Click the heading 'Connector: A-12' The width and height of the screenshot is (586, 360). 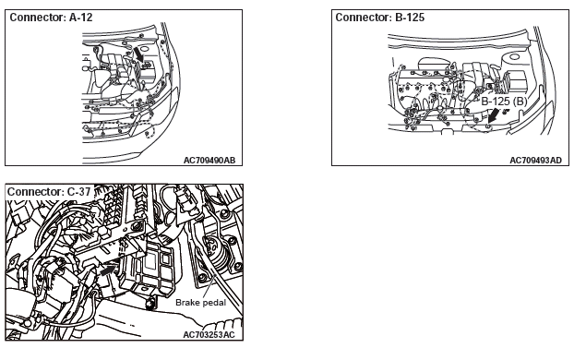[x=51, y=18]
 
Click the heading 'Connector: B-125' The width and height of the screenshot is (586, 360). [x=379, y=18]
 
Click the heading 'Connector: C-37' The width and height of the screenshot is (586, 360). [x=49, y=192]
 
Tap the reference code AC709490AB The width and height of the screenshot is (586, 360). [x=209, y=161]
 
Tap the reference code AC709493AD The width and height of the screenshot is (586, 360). [x=535, y=161]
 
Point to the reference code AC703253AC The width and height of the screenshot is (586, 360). [x=209, y=334]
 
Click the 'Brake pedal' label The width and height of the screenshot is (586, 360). [x=200, y=303]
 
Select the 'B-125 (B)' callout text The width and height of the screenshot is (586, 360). [x=504, y=102]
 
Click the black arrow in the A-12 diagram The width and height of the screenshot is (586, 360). [x=138, y=54]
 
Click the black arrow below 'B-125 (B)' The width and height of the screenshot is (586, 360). [x=494, y=114]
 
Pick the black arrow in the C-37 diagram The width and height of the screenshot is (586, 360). [x=108, y=270]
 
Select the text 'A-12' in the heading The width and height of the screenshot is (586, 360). [x=80, y=18]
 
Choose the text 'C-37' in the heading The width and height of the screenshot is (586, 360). [x=78, y=192]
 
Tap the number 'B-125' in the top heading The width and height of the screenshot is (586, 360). [x=410, y=18]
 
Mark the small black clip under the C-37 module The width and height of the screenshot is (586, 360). [x=150, y=303]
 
